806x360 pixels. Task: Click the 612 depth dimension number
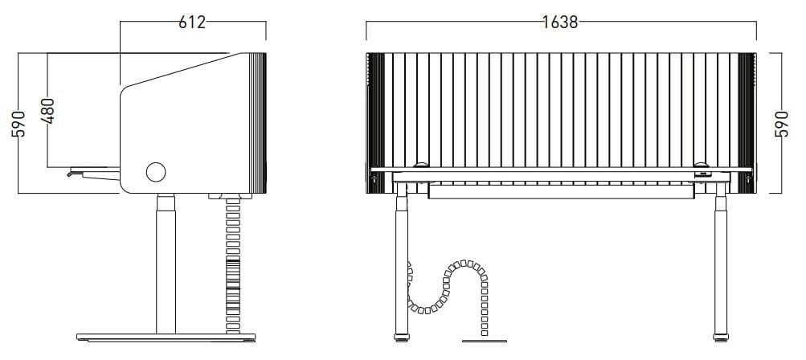click(x=192, y=22)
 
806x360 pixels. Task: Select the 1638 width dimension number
click(x=560, y=22)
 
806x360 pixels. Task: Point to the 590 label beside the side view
click(x=19, y=125)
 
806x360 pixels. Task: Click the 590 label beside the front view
click(x=781, y=125)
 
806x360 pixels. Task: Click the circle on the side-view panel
click(x=155, y=171)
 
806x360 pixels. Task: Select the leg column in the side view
click(x=166, y=265)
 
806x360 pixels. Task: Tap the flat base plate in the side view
click(x=166, y=336)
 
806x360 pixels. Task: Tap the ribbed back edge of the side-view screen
click(x=259, y=121)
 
